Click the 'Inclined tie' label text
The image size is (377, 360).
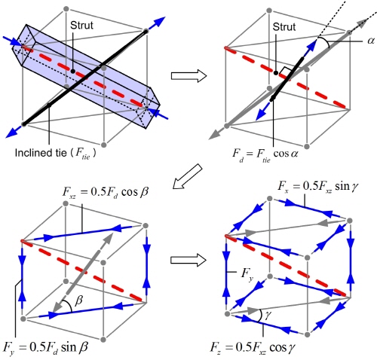41,153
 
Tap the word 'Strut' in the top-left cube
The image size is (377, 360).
81,26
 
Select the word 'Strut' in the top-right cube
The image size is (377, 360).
284,27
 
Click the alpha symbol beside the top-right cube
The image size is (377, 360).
371,41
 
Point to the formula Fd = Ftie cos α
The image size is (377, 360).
265,154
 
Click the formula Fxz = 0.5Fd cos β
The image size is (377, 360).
105,193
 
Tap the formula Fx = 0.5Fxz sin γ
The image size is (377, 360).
318,187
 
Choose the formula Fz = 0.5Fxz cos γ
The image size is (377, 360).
253,348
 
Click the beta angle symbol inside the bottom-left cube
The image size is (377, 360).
78,301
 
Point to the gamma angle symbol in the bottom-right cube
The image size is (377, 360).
268,314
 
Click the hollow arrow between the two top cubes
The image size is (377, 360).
188,75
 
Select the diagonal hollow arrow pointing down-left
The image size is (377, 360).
188,176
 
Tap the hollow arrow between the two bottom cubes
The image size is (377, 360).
188,260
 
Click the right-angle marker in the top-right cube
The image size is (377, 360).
287,71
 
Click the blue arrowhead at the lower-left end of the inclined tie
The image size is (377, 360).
11,133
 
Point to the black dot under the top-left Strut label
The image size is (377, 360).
72,72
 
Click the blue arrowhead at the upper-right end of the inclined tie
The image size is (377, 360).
159,21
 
